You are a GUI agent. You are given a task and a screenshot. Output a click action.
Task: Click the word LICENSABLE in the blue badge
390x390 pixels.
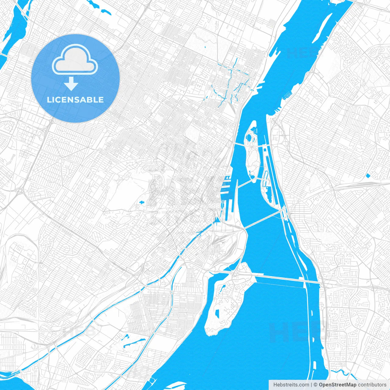click(x=75, y=100)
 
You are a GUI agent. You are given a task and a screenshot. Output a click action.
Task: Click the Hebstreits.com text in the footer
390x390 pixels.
click(x=291, y=385)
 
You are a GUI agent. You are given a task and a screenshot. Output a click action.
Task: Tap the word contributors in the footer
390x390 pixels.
click(x=372, y=385)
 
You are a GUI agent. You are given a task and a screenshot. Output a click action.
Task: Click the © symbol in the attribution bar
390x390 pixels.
click(x=316, y=385)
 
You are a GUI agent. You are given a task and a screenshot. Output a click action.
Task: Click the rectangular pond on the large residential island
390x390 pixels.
click(x=217, y=314)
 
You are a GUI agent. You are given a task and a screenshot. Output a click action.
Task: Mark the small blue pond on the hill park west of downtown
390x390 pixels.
click(x=141, y=202)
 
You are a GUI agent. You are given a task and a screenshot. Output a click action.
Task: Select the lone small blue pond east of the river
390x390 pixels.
click(x=368, y=175)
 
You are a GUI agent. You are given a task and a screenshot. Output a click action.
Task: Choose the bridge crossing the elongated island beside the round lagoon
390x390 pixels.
click(x=250, y=145)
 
